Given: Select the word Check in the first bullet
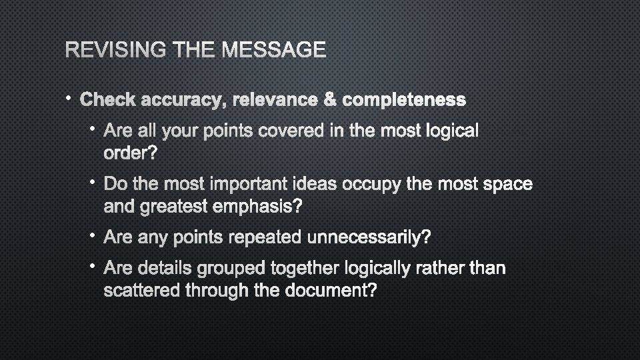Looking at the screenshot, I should pos(106,100).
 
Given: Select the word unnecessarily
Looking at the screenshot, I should pos(373,238).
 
